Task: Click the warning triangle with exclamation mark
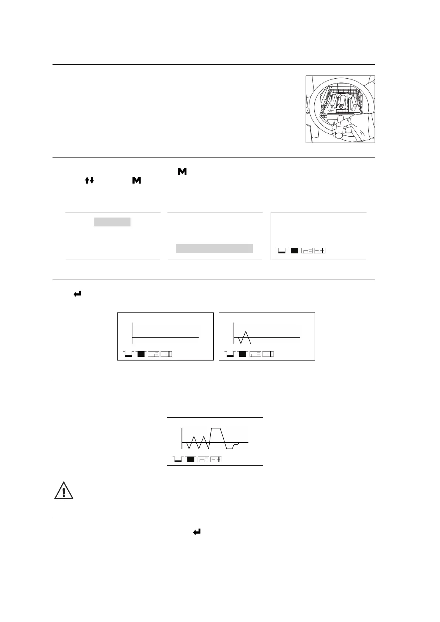64,491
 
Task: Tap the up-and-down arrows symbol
90,180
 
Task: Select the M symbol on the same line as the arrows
136,180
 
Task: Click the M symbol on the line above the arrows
182,171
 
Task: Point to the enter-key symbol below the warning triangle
197,532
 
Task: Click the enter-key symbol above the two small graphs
78,294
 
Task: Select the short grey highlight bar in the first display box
112,222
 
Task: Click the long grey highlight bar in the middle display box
214,249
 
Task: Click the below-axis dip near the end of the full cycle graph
230,447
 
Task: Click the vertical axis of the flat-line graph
132,332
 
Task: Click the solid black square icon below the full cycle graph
191,459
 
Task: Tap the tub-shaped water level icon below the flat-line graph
128,355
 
